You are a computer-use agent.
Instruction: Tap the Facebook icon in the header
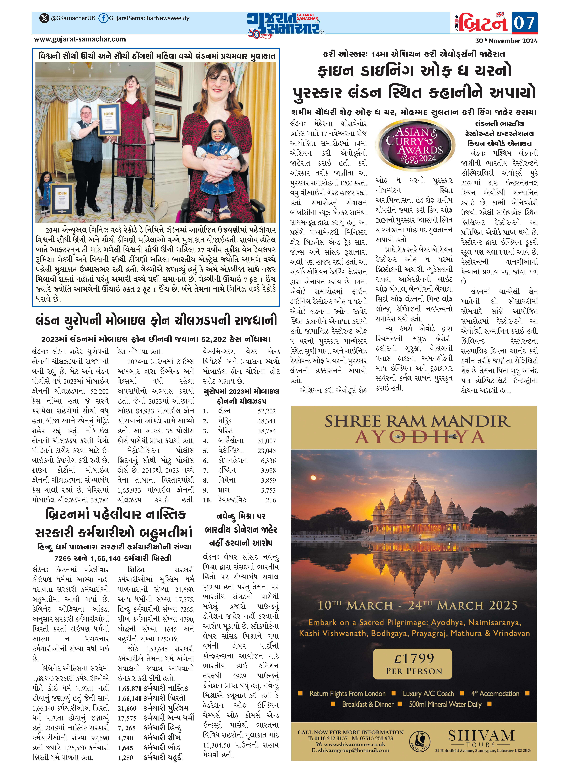[103, 18]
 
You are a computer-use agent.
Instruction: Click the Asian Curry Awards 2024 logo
[415, 145]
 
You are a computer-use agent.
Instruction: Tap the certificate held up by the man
[109, 119]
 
